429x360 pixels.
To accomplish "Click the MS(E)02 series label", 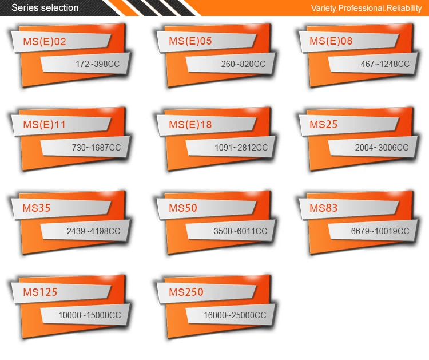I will [45, 41].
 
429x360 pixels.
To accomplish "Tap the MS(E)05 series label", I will [190, 41].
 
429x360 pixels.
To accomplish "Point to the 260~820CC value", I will [243, 64].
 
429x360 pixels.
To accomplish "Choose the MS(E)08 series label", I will [331, 41].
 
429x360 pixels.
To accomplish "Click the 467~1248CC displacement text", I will [385, 64].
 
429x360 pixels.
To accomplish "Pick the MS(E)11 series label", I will [45, 125].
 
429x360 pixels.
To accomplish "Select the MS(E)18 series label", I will [190, 125].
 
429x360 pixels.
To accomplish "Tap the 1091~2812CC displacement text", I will [241, 148].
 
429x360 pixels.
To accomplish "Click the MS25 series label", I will [324, 125].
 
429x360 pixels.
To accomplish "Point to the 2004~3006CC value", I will [382, 148].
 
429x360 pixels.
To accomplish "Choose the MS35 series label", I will [37, 208].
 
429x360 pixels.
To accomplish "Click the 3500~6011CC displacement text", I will [240, 231].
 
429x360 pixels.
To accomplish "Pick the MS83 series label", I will [324, 208].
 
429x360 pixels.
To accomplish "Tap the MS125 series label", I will [40, 292].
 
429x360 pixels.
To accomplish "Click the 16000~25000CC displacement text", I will [235, 315].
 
